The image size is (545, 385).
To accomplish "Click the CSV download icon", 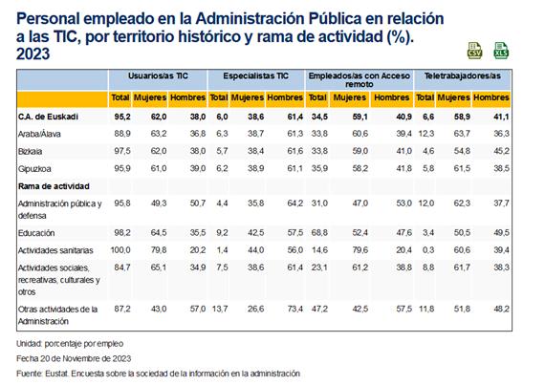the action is point(474,51).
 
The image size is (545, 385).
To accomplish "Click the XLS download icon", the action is point(501,51).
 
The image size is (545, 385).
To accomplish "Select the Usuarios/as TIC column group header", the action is point(158,76).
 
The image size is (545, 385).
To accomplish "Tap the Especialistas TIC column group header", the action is point(256,76).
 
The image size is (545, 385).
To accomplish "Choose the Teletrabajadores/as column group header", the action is point(463,76).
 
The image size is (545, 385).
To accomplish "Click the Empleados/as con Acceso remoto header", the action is point(360,80).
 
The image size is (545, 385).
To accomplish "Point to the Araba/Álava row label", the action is point(39,134).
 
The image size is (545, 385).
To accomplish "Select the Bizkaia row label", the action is point(31,151).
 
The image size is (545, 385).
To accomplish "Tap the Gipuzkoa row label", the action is point(34,169).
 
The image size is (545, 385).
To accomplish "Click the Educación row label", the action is point(36,233).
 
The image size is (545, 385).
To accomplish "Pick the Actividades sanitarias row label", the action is point(55,250).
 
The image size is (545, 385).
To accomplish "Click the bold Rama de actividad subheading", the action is point(54,186).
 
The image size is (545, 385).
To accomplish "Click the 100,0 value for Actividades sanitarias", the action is point(120,250).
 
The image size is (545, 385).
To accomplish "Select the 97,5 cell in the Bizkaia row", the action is point(122,151).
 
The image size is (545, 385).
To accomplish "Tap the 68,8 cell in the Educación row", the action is point(319,232).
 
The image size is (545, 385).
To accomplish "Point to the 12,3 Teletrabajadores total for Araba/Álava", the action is point(426,134).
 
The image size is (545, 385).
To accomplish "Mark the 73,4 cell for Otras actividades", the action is point(295,309).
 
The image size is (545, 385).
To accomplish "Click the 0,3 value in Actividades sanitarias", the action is point(428,250).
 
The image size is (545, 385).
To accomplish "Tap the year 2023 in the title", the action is point(33,54).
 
